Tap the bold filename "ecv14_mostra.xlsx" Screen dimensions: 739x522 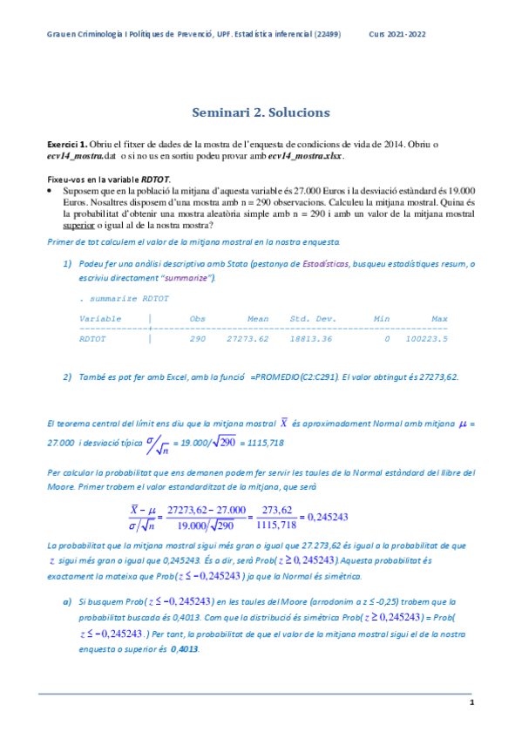pyautogui.click(x=306, y=157)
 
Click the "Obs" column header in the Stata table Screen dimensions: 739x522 pyautogui.click(x=197, y=318)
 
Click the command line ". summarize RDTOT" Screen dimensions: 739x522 pyautogui.click(x=119, y=298)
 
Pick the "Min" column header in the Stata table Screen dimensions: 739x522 pyautogui.click(x=381, y=318)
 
